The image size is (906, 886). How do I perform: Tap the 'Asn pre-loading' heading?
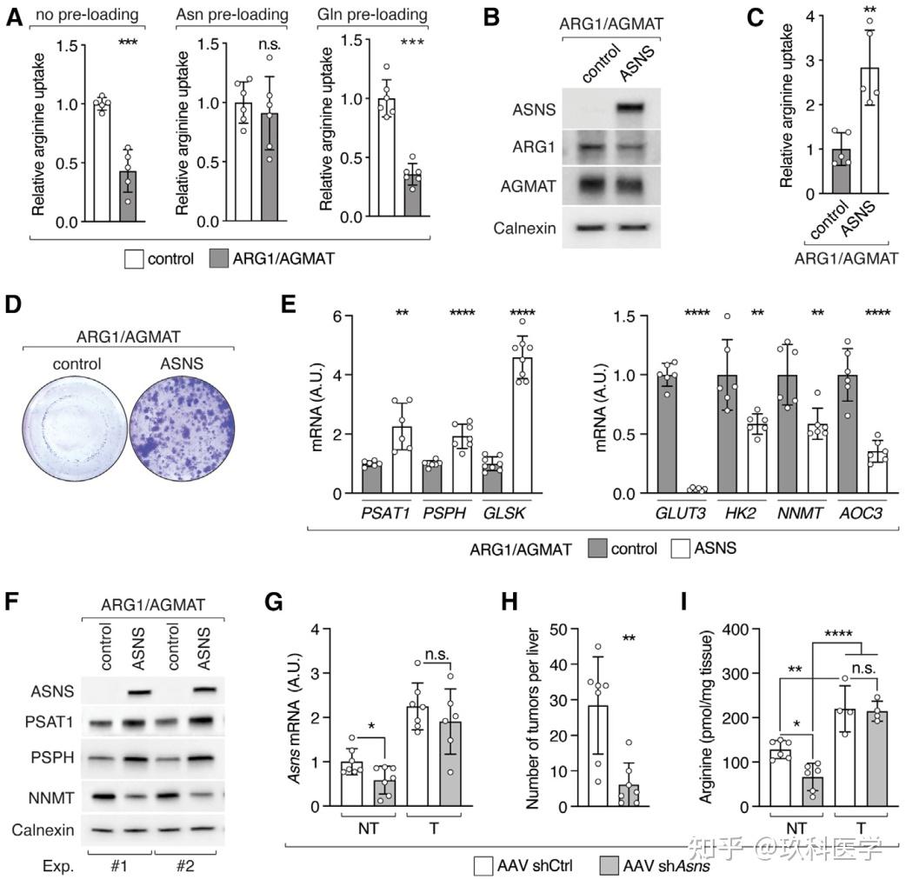point(231,15)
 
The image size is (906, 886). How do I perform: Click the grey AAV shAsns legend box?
point(611,866)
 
